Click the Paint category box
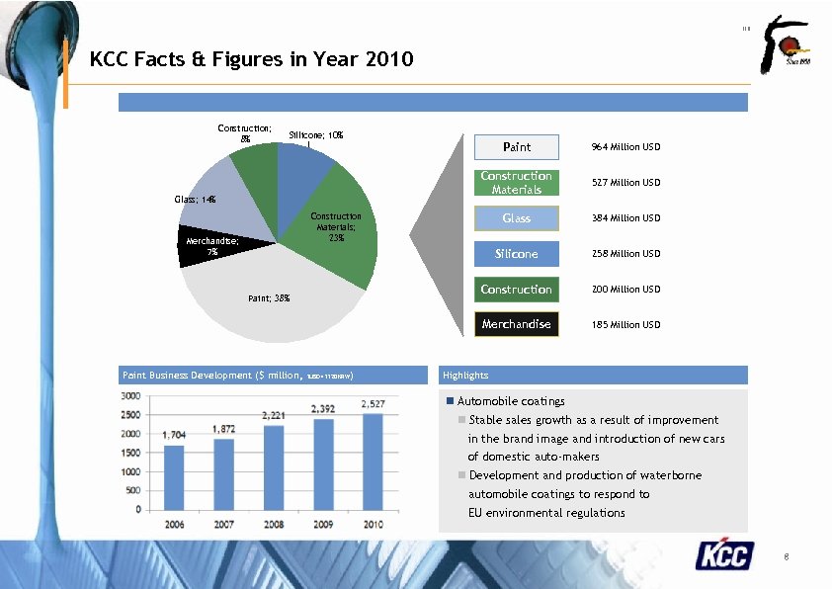516,147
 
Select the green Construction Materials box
516,183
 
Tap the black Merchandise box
516,324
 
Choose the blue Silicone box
516,254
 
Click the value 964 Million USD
625,147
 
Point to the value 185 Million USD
625,325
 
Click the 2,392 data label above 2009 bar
322,408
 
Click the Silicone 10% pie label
315,135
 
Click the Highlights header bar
593,376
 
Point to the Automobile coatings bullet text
511,401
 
